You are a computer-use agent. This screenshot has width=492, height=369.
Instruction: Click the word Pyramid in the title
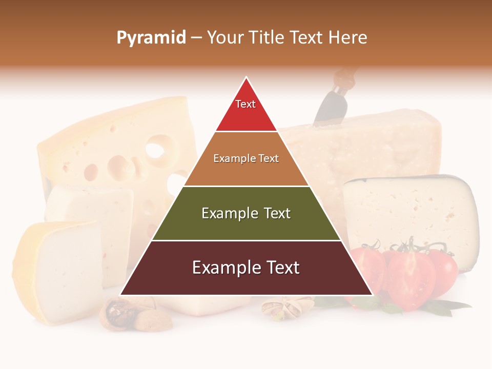pyautogui.click(x=151, y=38)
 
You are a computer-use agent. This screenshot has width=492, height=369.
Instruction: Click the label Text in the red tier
pyautogui.click(x=245, y=104)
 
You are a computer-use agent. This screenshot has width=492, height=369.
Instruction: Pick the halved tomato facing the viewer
pyautogui.click(x=410, y=279)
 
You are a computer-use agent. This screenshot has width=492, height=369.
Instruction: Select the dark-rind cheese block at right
pyautogui.click(x=410, y=215)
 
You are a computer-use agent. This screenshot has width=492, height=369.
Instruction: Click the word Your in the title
pyautogui.click(x=227, y=38)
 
